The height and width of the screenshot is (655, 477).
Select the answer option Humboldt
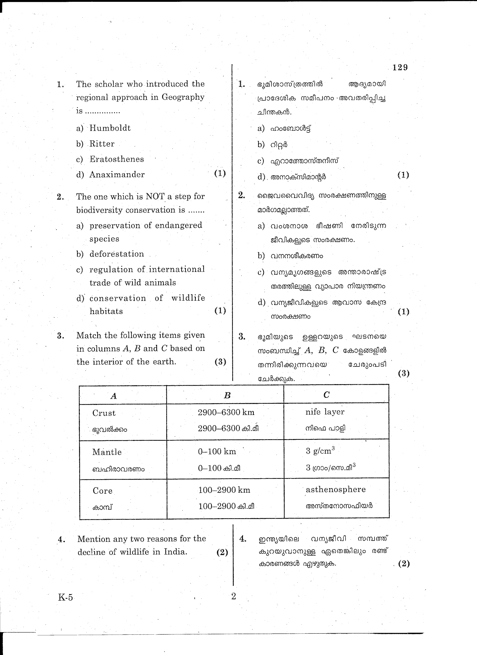[x=110, y=128]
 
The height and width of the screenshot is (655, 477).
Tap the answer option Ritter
[x=102, y=144]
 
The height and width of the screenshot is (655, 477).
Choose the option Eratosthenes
[x=117, y=159]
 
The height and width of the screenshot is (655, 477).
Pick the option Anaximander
[x=117, y=174]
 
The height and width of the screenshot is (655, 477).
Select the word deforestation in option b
[x=117, y=254]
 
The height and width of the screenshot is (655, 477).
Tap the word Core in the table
[x=102, y=491]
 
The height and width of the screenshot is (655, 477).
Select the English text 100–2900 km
[x=224, y=490]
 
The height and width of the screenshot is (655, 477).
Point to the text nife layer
[x=325, y=412]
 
